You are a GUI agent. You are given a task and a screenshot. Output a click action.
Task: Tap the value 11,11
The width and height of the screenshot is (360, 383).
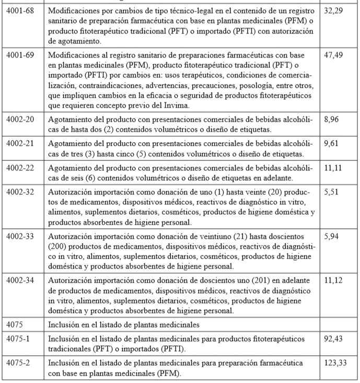point(333,166)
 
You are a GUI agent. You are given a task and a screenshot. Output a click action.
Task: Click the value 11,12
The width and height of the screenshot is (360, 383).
point(333,281)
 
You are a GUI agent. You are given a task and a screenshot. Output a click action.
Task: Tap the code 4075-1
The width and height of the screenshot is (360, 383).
point(18,339)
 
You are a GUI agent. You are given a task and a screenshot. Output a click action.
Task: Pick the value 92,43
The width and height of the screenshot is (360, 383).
point(333,339)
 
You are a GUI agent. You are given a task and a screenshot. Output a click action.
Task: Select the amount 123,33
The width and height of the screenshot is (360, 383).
point(335,362)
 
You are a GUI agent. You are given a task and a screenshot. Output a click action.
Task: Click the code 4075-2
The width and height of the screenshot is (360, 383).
point(18,362)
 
